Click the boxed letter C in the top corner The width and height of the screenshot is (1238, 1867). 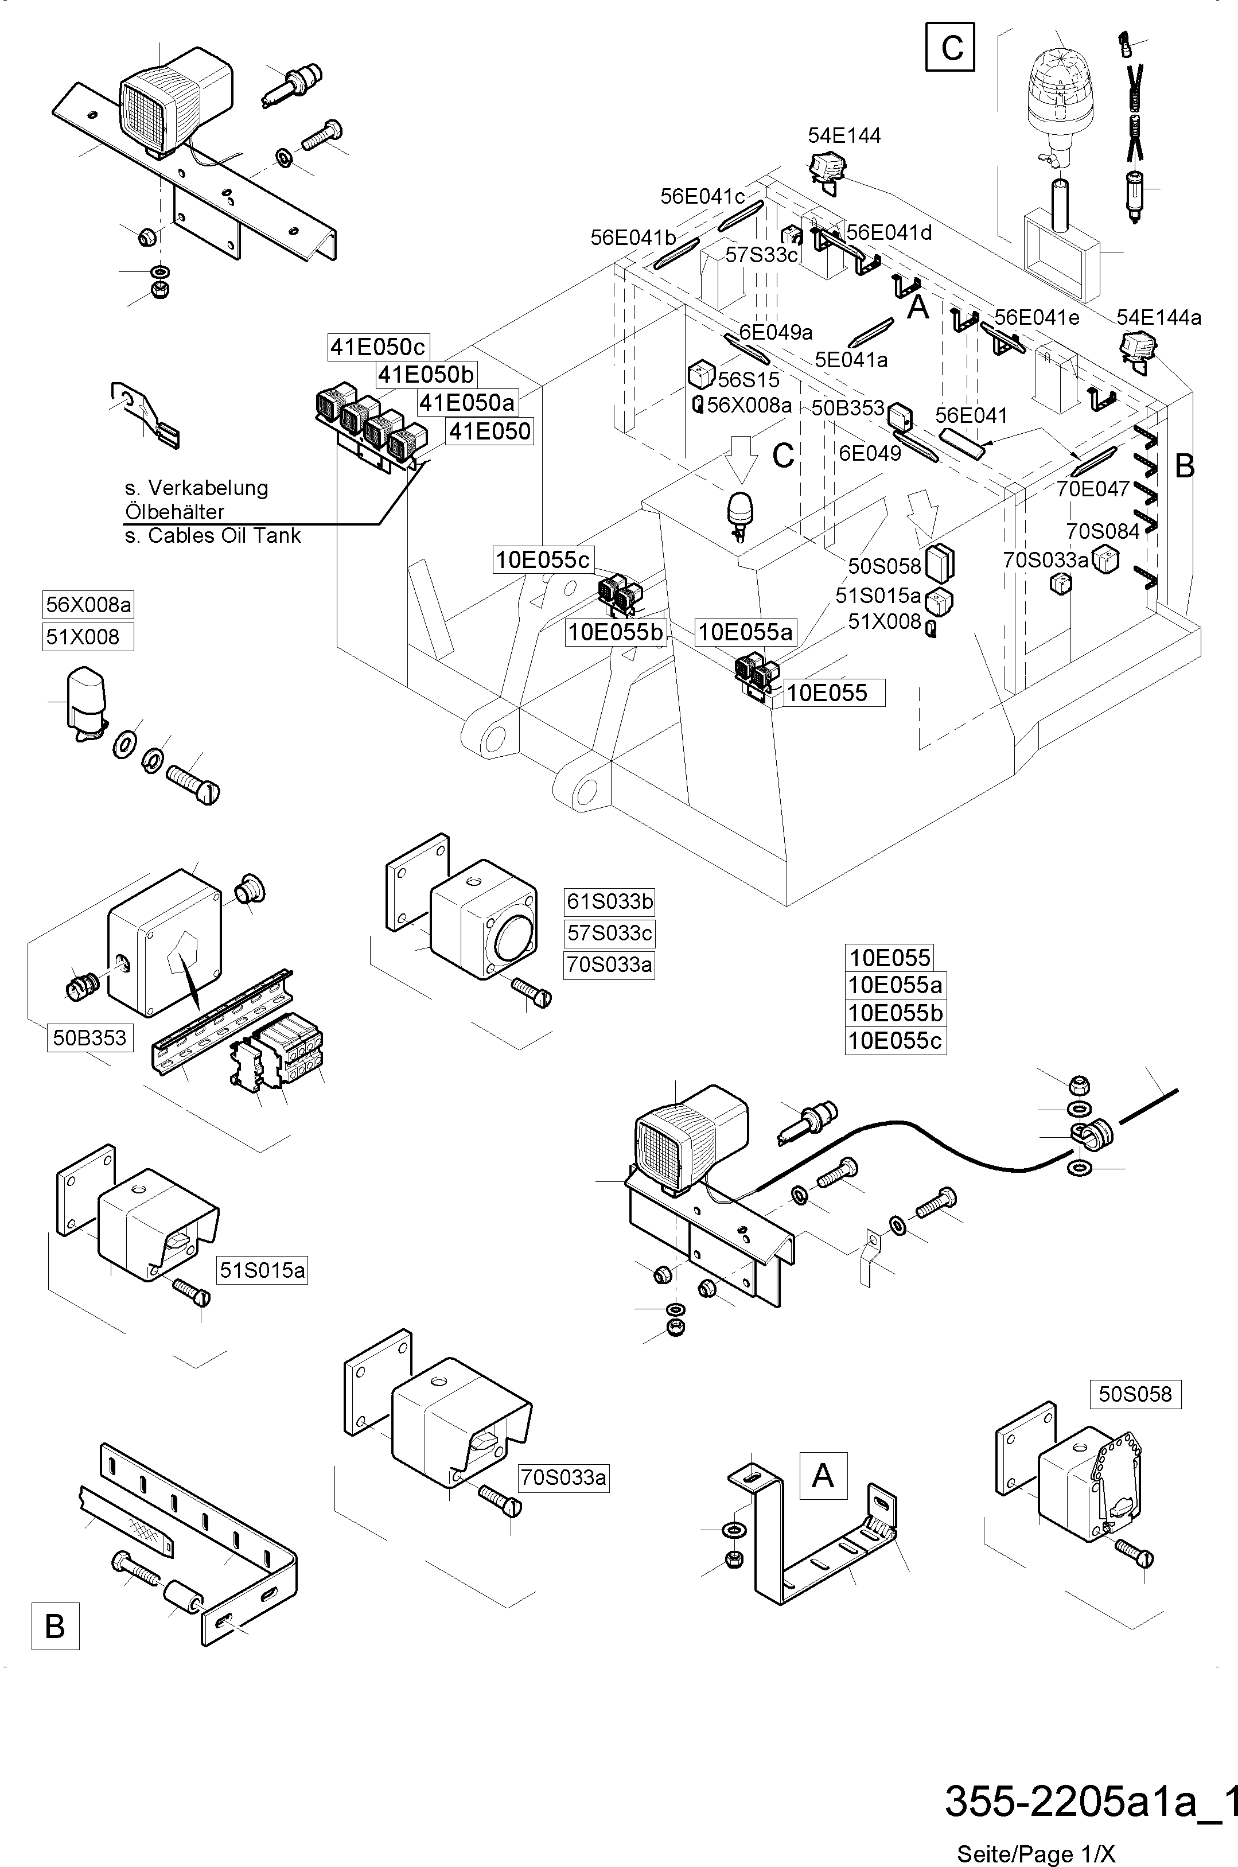(951, 48)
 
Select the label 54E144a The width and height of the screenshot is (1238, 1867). (1158, 317)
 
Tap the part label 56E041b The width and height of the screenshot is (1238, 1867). (633, 238)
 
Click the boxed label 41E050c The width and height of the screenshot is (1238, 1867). (378, 347)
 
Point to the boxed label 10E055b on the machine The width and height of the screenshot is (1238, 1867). (616, 632)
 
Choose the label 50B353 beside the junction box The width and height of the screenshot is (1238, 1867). (89, 1037)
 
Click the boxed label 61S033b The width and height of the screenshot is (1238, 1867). (609, 901)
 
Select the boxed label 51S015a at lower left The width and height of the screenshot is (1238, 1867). (262, 1270)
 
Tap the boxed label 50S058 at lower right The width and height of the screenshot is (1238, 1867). (1135, 1394)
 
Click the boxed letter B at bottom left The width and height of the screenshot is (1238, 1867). (55, 1626)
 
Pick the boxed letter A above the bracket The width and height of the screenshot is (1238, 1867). (823, 1476)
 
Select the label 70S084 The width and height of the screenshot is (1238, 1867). (1103, 531)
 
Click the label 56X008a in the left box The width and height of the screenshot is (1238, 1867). (88, 605)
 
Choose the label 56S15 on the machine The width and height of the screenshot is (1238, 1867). (749, 380)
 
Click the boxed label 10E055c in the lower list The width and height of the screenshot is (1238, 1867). (896, 1040)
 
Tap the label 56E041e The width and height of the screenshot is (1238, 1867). (1037, 317)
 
